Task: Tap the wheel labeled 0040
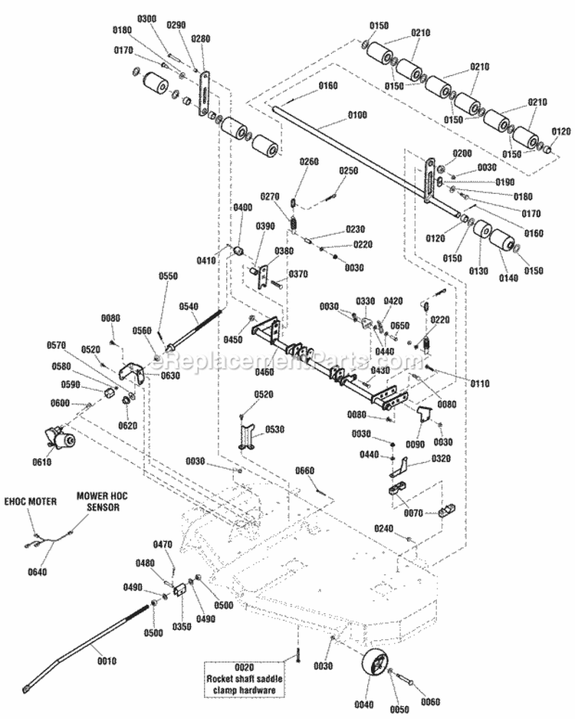click(x=372, y=662)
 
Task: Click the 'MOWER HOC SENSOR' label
click(x=102, y=502)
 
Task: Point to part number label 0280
click(x=201, y=38)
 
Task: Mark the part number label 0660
click(x=305, y=471)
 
